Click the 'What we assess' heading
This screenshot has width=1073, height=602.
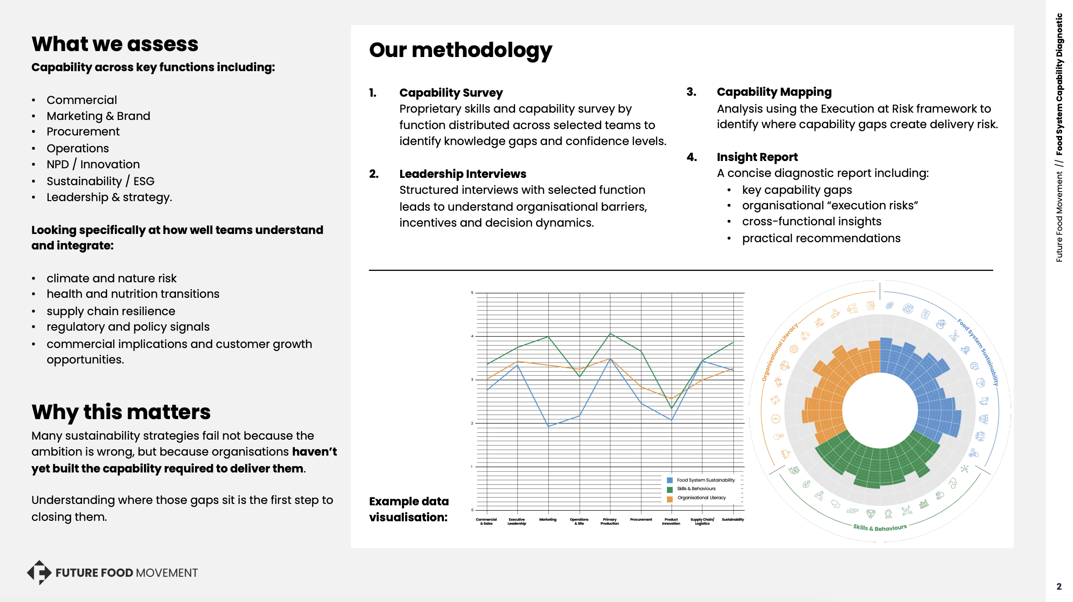coord(115,44)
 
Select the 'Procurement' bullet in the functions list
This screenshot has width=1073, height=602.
coord(83,132)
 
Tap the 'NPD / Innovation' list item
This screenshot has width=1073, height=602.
coord(93,164)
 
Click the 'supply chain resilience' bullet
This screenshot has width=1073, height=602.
coord(111,311)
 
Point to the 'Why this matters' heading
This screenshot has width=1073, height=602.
coord(121,412)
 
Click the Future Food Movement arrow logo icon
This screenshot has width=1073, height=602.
coord(39,572)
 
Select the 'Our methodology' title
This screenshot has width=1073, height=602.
coord(460,50)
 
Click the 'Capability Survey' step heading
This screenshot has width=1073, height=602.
coord(451,93)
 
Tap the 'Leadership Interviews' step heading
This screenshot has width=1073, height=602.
coord(463,174)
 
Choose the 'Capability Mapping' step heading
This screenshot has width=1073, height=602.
coord(774,92)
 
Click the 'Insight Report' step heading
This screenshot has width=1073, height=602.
coord(757,157)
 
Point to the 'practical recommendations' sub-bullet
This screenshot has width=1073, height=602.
coord(821,238)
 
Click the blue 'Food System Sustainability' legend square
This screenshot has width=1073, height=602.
coord(670,480)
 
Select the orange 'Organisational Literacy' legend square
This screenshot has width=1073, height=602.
coord(670,498)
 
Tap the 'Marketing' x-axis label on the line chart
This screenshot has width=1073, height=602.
coord(548,519)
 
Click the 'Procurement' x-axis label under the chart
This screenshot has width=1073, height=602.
coord(641,519)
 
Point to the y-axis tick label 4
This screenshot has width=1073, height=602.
coord(472,336)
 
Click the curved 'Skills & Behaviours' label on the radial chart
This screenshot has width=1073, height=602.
coord(880,528)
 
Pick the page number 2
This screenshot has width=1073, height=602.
coord(1059,586)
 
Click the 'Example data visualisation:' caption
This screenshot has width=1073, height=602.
coord(409,509)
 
